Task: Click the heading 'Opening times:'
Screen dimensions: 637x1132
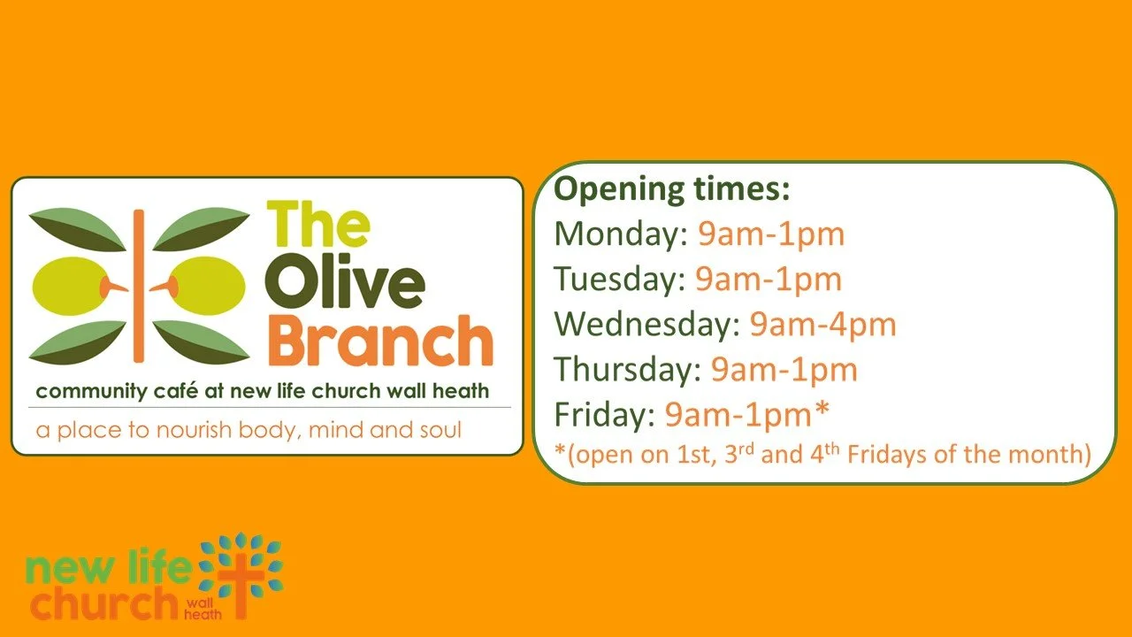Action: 671,189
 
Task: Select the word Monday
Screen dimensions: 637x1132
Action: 620,234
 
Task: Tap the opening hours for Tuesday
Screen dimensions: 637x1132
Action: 768,280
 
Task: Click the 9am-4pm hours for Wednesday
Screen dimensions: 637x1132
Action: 822,325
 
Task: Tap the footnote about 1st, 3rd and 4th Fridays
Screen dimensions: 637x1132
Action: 822,454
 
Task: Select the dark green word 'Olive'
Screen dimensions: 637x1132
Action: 345,284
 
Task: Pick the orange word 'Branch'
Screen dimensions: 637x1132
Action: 380,342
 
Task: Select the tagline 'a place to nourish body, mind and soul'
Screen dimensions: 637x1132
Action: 249,431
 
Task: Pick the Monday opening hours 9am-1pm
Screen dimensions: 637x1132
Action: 770,234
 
